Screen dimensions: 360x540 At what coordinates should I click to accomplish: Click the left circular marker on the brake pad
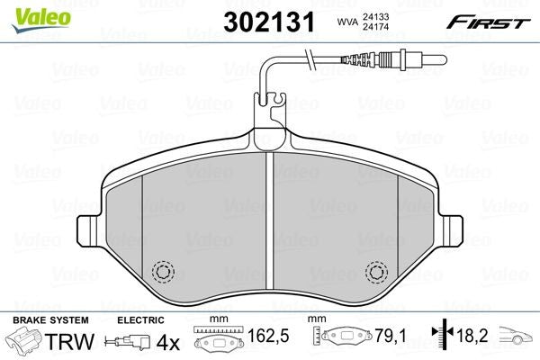[x=164, y=270]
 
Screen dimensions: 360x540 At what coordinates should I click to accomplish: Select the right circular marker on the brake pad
[x=377, y=270]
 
